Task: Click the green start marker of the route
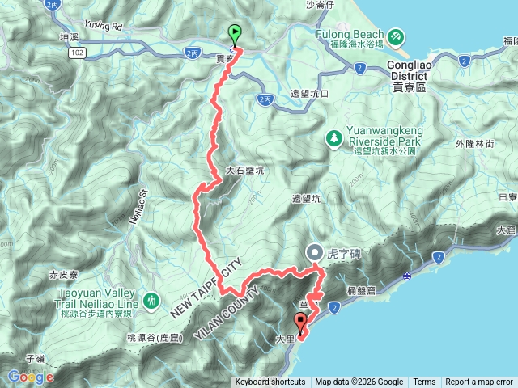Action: click(235, 34)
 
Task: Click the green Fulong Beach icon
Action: click(394, 36)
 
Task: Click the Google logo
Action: click(31, 377)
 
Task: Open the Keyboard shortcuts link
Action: click(270, 382)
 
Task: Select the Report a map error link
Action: click(480, 382)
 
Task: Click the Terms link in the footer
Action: click(424, 382)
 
